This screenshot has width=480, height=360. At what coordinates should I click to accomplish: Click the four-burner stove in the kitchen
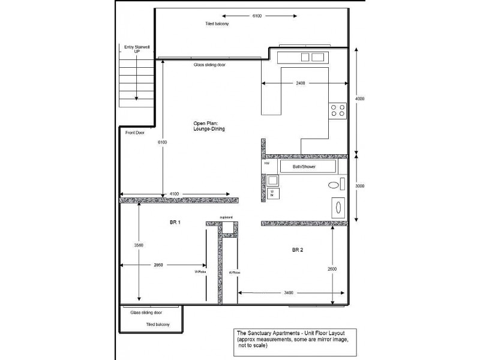337,110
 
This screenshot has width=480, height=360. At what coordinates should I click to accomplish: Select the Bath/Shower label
304,166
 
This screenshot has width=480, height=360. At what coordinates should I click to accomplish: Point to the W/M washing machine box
272,193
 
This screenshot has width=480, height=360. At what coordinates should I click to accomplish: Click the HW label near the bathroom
266,163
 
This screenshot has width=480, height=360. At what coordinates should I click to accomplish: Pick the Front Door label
135,133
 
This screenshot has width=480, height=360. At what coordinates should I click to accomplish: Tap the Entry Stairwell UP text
136,49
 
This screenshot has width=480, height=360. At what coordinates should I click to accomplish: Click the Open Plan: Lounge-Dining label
209,125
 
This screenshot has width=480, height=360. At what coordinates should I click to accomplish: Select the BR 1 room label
175,222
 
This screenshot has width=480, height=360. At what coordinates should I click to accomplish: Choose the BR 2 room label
298,250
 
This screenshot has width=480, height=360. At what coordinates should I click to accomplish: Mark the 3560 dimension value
139,245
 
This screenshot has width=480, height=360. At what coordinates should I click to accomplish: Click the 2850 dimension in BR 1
158,265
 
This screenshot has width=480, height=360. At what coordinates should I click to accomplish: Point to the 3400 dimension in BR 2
287,293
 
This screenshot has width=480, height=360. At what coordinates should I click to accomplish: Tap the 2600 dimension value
332,269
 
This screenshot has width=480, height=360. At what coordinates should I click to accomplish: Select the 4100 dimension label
173,194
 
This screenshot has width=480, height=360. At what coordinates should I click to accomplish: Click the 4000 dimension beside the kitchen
359,98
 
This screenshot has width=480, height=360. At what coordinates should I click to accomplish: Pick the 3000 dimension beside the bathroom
359,187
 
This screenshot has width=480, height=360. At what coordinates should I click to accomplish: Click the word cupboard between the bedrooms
226,217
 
